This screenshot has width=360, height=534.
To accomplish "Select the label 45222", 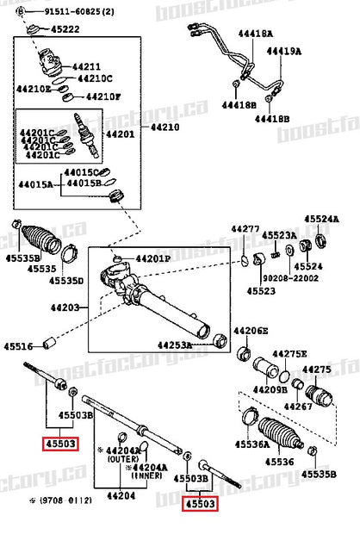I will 64,29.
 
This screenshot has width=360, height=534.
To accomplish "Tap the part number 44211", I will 86,65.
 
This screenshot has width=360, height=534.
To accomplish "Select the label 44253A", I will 175,345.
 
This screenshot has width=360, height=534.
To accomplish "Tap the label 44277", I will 245,229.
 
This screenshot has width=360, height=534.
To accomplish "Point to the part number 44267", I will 297,407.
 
